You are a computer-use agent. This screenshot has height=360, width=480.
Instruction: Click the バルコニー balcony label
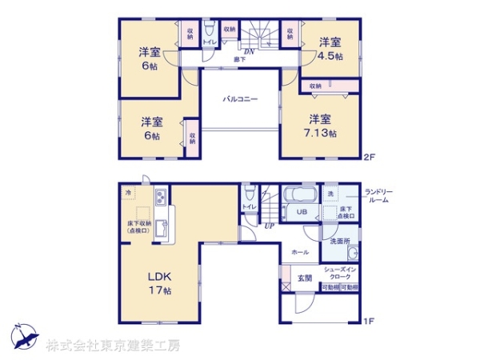[240, 99]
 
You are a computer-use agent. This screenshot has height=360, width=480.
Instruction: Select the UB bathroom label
[302, 212]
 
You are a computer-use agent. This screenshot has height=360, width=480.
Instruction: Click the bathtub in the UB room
[300, 194]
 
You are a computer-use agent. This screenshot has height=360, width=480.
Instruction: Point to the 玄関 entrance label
[305, 278]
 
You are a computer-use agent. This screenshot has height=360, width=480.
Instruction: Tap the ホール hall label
[300, 252]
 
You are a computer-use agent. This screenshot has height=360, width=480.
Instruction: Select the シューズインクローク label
[341, 273]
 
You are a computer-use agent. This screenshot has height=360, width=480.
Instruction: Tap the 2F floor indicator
[369, 155]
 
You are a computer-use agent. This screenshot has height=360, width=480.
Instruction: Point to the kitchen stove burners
[160, 196]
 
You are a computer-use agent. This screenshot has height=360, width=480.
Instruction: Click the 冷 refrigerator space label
[128, 193]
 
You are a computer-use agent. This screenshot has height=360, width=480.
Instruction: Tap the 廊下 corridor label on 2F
[239, 59]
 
